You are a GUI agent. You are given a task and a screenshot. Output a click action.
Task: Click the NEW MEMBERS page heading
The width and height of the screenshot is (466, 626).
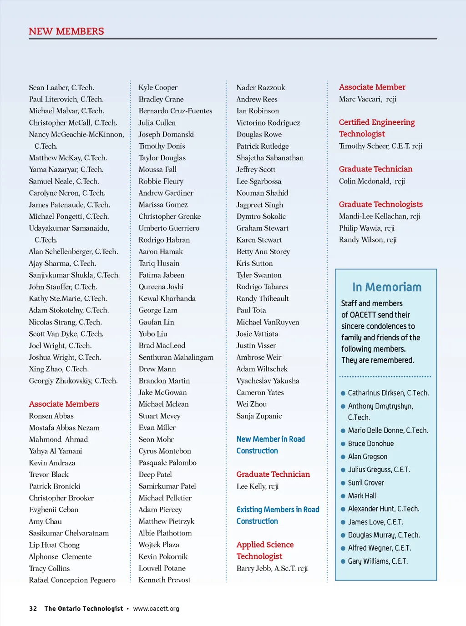(x=66, y=31)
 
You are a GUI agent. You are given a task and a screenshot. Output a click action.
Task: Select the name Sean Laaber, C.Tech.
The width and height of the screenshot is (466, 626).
(x=61, y=87)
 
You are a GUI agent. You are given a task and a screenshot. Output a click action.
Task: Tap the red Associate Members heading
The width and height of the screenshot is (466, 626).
(x=64, y=404)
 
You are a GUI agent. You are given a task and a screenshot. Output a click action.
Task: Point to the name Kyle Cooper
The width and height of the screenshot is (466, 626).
(x=158, y=87)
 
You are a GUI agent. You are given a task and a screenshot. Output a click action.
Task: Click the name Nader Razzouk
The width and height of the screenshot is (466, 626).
(x=261, y=87)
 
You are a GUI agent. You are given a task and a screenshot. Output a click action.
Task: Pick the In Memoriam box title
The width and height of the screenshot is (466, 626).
(x=387, y=287)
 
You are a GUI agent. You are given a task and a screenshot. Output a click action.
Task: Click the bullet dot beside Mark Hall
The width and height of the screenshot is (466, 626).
(x=343, y=496)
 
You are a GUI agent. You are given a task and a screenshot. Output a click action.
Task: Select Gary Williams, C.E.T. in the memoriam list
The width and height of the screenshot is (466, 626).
(x=378, y=561)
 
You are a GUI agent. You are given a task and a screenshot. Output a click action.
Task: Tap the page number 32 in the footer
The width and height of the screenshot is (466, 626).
(x=33, y=609)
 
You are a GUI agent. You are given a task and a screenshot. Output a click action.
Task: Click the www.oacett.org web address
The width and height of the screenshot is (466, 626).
(x=156, y=609)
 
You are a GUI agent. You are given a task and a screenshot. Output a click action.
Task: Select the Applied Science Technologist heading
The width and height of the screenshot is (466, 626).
(x=265, y=550)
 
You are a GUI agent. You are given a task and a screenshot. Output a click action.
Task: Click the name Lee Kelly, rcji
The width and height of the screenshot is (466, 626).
(x=258, y=486)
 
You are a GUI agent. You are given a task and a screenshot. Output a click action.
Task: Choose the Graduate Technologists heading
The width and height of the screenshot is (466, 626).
(x=381, y=204)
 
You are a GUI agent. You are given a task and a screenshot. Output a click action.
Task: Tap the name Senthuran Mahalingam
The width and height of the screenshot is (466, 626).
(x=176, y=357)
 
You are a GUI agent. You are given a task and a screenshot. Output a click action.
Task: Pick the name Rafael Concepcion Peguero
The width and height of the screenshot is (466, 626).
(x=72, y=580)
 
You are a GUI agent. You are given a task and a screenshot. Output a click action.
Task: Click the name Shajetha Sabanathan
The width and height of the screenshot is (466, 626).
(x=270, y=158)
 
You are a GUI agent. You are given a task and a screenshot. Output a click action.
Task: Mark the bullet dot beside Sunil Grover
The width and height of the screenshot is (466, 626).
(x=343, y=483)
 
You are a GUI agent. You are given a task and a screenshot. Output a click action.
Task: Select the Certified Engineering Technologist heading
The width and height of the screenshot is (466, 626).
(x=377, y=128)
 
